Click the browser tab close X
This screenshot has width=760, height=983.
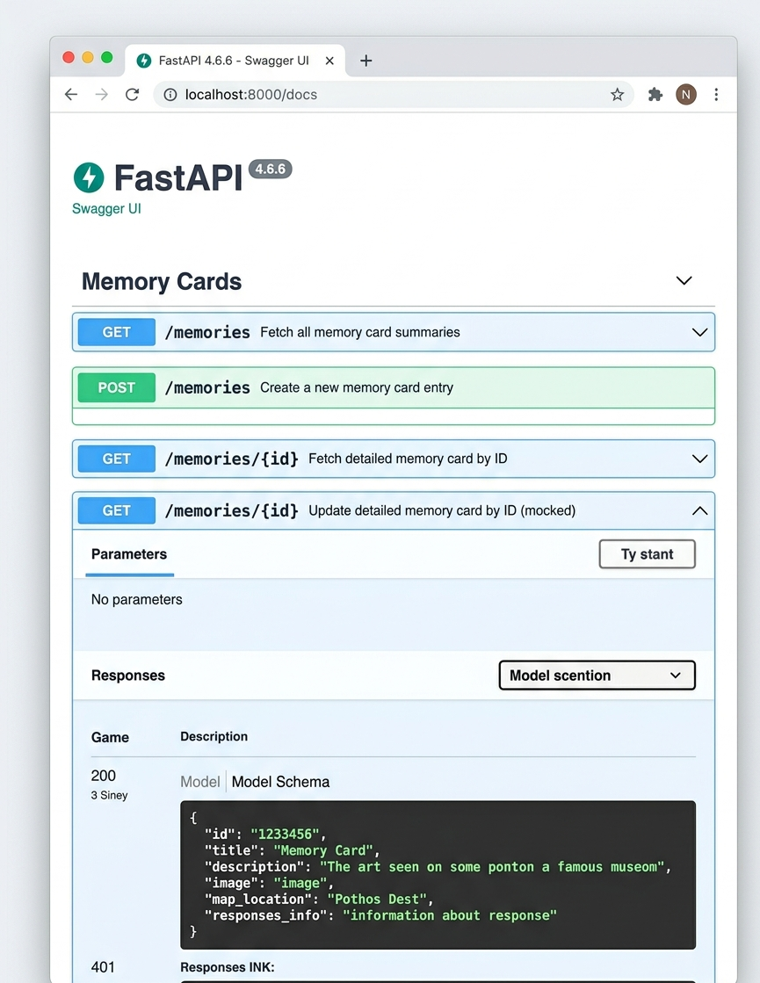329,61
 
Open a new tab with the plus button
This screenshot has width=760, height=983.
366,61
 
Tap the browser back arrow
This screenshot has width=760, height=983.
71,95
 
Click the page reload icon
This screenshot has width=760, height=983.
132,95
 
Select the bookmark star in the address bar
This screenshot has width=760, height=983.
617,95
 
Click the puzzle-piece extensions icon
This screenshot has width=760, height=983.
655,95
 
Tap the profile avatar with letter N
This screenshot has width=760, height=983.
686,95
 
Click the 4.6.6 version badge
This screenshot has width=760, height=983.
271,170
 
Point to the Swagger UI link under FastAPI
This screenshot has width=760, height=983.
106,209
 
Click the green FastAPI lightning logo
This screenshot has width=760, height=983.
89,177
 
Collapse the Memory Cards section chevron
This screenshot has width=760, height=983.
684,280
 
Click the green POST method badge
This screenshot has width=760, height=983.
117,387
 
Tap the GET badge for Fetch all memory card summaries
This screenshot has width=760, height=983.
117,332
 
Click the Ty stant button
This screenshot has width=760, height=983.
648,554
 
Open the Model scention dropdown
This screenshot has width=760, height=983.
597,676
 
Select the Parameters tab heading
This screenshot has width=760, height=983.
129,554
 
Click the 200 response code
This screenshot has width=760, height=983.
104,776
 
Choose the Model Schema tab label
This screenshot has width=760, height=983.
280,782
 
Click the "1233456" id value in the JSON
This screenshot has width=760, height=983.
285,835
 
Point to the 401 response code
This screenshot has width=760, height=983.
103,967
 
